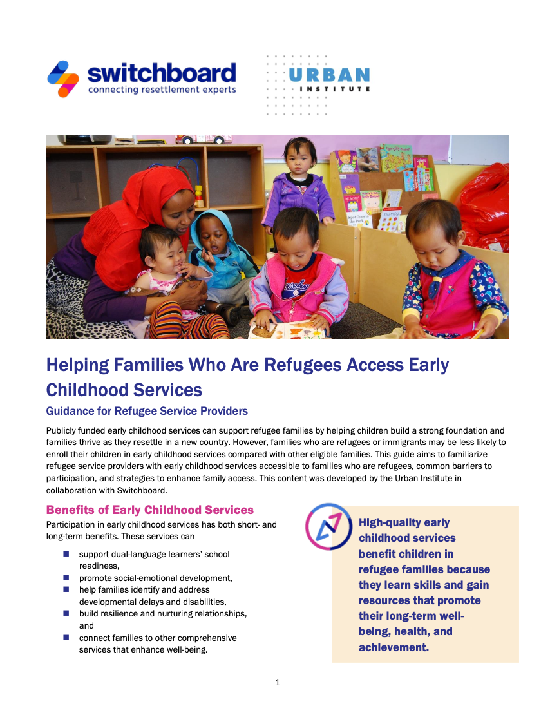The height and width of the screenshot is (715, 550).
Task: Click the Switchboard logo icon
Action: tap(63, 79)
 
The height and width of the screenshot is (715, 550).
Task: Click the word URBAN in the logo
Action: tap(328, 75)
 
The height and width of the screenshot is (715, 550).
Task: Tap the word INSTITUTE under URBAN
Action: tap(334, 89)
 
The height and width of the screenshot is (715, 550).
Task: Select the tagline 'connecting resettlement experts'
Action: tap(162, 90)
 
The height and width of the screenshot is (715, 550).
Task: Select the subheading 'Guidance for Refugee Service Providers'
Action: tap(147, 411)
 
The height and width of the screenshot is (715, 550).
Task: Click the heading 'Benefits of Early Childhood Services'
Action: tap(150, 510)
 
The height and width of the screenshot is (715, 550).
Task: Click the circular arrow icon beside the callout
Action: tap(328, 526)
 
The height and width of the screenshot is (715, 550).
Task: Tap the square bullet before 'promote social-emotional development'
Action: tap(66, 578)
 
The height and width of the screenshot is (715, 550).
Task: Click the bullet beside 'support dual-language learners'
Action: tap(66, 554)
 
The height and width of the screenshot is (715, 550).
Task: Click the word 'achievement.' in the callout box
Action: tap(394, 647)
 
